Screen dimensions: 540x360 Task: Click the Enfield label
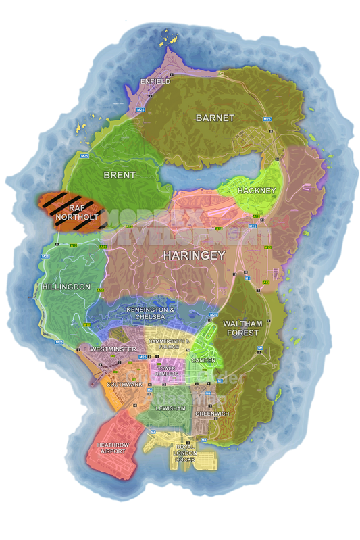coord(155,82)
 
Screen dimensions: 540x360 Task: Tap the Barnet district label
coord(215,118)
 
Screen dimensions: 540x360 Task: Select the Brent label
coord(120,175)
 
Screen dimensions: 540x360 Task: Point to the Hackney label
coord(257,191)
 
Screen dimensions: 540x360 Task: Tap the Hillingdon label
coord(66,287)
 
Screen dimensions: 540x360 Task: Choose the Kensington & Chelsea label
coord(151,313)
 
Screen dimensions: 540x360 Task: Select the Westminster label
coord(112,349)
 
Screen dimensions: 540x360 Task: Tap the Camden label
coord(203,360)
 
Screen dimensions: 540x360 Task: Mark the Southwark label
coord(124,384)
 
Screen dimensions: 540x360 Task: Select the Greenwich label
coord(212,413)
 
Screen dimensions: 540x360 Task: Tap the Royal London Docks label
coord(184,453)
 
